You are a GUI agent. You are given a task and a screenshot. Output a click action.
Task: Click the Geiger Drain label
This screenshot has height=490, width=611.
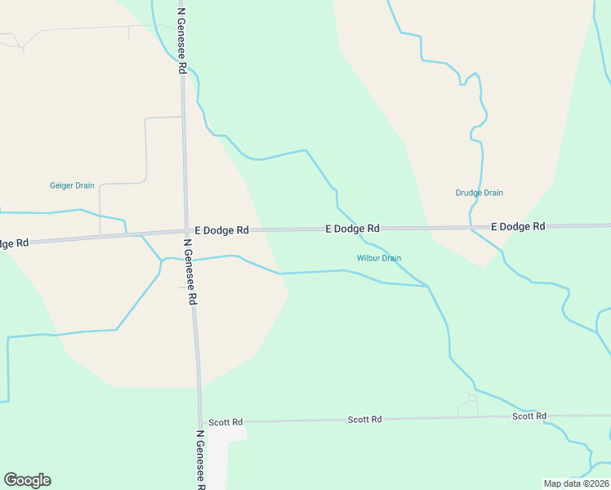coord(72,185)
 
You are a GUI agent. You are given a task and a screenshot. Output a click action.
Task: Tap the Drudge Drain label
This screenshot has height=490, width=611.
coord(479,193)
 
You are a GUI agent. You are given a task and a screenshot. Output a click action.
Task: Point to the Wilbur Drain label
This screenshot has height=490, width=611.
coord(379,258)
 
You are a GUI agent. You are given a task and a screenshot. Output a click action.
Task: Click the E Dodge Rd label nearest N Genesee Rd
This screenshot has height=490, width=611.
coord(216,230)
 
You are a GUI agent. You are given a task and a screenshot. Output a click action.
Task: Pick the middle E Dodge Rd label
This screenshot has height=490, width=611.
coord(352,229)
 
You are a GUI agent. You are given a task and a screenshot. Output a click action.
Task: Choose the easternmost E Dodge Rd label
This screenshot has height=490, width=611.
coord(518,226)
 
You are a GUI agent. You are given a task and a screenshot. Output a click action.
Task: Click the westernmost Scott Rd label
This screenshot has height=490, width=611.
coord(225,422)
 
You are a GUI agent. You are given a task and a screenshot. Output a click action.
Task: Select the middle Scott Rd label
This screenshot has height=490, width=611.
coord(364,419)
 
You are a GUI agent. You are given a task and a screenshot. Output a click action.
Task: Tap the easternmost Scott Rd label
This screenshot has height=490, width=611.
coord(529,416)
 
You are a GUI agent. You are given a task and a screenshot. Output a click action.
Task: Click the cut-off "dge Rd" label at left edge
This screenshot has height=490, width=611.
coord(14,243)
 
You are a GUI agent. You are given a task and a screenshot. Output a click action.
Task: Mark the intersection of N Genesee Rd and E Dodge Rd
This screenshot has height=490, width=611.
coord(186,232)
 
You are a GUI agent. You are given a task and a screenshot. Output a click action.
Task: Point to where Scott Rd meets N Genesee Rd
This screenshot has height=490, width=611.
coord(201,422)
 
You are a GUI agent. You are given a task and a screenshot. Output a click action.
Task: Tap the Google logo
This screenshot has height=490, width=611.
coord(27,480)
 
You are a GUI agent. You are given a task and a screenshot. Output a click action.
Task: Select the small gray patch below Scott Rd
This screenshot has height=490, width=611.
coord(224,445)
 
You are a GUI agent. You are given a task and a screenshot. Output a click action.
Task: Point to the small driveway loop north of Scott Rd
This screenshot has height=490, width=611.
coord(469,401)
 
